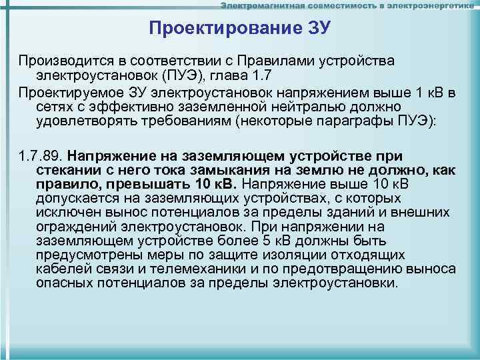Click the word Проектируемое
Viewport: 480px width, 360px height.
pos(69,91)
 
